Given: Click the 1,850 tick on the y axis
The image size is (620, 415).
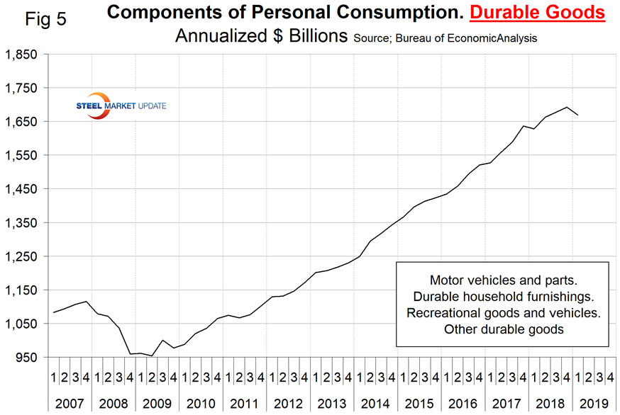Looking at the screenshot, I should [24, 54].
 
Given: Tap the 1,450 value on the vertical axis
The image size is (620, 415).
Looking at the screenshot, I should [24, 189].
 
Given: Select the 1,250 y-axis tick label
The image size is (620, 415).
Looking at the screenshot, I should [24, 256].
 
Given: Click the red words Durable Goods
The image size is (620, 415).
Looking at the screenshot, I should [545, 12].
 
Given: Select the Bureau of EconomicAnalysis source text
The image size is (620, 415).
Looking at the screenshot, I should [441, 37].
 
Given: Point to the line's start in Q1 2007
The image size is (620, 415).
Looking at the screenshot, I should [54, 312].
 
